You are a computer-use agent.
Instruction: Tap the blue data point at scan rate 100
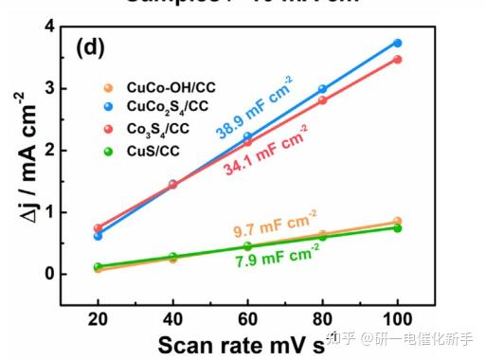click(397, 43)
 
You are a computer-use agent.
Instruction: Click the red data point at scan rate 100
click(397, 60)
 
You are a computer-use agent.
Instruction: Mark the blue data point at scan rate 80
click(322, 89)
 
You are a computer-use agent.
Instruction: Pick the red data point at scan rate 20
click(98, 228)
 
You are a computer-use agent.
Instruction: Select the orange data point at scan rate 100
click(397, 222)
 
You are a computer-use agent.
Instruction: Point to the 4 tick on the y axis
click(48, 27)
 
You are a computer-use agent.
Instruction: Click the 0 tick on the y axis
click(48, 274)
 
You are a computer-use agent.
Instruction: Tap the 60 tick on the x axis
click(247, 319)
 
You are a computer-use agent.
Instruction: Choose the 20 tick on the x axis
click(98, 319)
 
